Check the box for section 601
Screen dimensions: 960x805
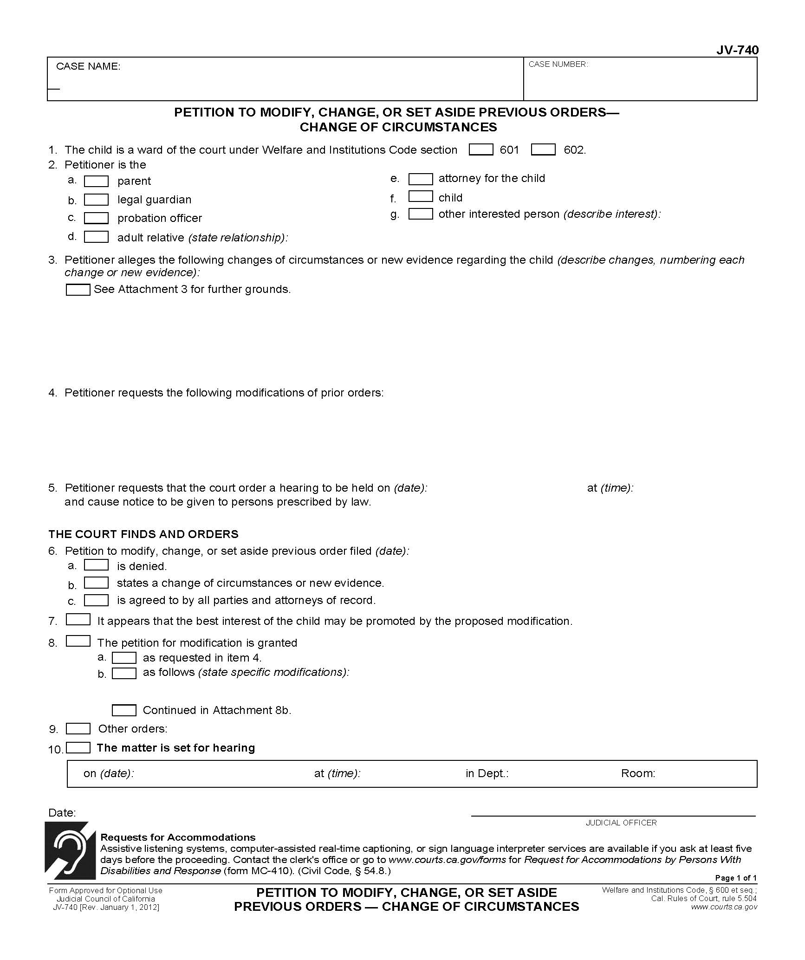point(481,149)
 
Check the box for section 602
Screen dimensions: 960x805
point(543,149)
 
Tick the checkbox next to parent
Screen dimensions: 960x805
point(96,181)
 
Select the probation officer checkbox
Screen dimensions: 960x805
point(96,218)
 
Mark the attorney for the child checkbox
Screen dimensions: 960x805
point(421,179)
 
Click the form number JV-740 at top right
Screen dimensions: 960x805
point(737,50)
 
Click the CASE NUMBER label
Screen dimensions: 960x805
point(558,65)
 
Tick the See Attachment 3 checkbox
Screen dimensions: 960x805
point(78,290)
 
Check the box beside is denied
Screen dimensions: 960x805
point(96,565)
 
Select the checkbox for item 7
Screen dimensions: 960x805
point(78,619)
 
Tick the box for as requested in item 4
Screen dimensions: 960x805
point(124,658)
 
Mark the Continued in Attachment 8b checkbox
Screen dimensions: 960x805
point(124,710)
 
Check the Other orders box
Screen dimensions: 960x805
point(78,728)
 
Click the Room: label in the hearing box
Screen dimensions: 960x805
point(638,773)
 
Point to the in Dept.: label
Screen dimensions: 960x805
point(487,773)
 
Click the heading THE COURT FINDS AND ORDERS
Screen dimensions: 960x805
point(143,534)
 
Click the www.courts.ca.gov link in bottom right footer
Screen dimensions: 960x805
point(724,907)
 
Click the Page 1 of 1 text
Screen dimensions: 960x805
point(735,878)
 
